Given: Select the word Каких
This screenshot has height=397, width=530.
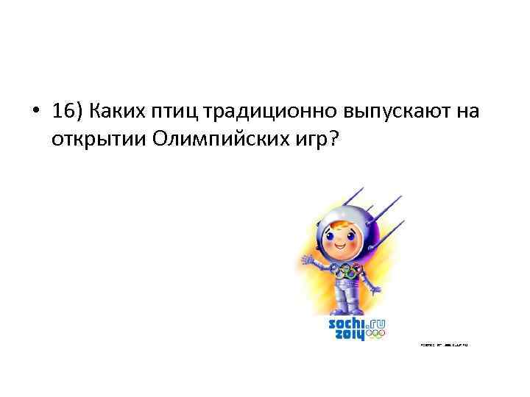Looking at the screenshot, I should (115, 112).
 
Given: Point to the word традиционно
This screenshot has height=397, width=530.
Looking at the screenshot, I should (271, 112).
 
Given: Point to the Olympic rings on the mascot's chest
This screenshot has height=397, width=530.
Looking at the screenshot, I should (347, 271).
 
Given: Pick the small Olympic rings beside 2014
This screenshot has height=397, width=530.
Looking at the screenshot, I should (376, 335).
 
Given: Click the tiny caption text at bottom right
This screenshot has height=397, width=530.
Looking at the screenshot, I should (444, 344).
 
